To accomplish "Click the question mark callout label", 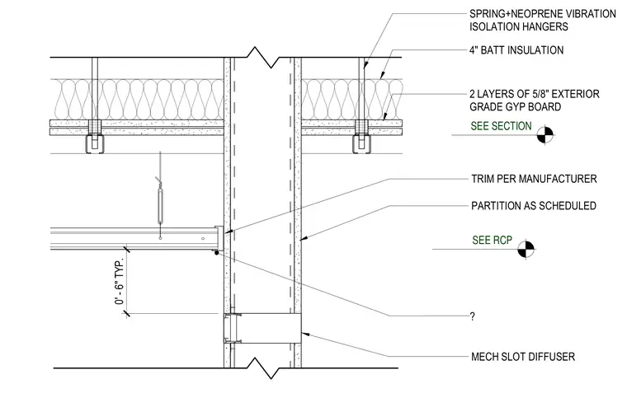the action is [472, 316].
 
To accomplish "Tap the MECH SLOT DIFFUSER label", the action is [522, 357].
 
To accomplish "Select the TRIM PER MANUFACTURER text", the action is [534, 179].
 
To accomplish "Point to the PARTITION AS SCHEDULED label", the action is [534, 206].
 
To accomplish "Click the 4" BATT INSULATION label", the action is [516, 50].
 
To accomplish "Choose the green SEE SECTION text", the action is [501, 126].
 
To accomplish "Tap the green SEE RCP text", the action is [492, 240].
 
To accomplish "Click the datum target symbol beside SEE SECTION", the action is [545, 135].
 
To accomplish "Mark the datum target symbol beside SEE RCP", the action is [526, 249].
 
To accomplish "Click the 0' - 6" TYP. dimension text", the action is [120, 281].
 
